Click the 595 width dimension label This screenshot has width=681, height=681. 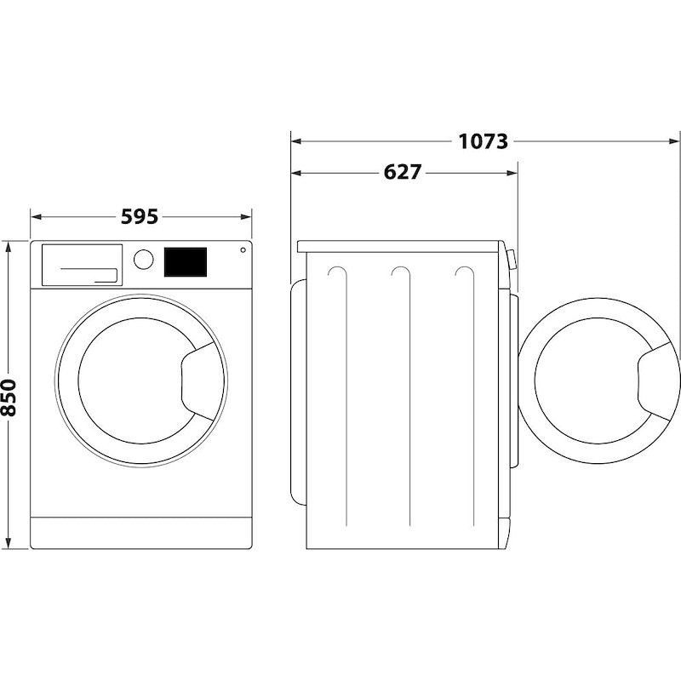click(139, 217)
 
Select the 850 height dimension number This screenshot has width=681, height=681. click(9, 398)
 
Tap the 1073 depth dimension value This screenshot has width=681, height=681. click(483, 141)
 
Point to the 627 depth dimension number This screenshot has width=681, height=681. click(403, 172)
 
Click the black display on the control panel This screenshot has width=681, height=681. click(186, 261)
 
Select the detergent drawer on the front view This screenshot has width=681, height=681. click(80, 264)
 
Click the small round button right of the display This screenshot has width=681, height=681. click(243, 250)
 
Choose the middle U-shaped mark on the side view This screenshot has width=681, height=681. click(401, 274)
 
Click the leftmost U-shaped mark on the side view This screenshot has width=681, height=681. click(338, 274)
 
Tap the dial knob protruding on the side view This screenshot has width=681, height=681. click(511, 260)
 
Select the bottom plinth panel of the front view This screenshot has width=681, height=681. click(142, 531)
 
